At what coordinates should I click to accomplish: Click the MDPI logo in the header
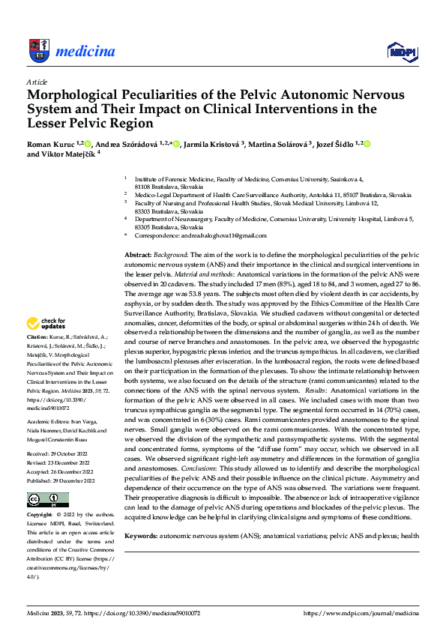click(400, 51)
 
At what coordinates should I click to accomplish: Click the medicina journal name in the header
click(85, 52)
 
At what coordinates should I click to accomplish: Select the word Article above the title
click(37, 81)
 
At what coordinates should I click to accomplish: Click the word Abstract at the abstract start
click(138, 256)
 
